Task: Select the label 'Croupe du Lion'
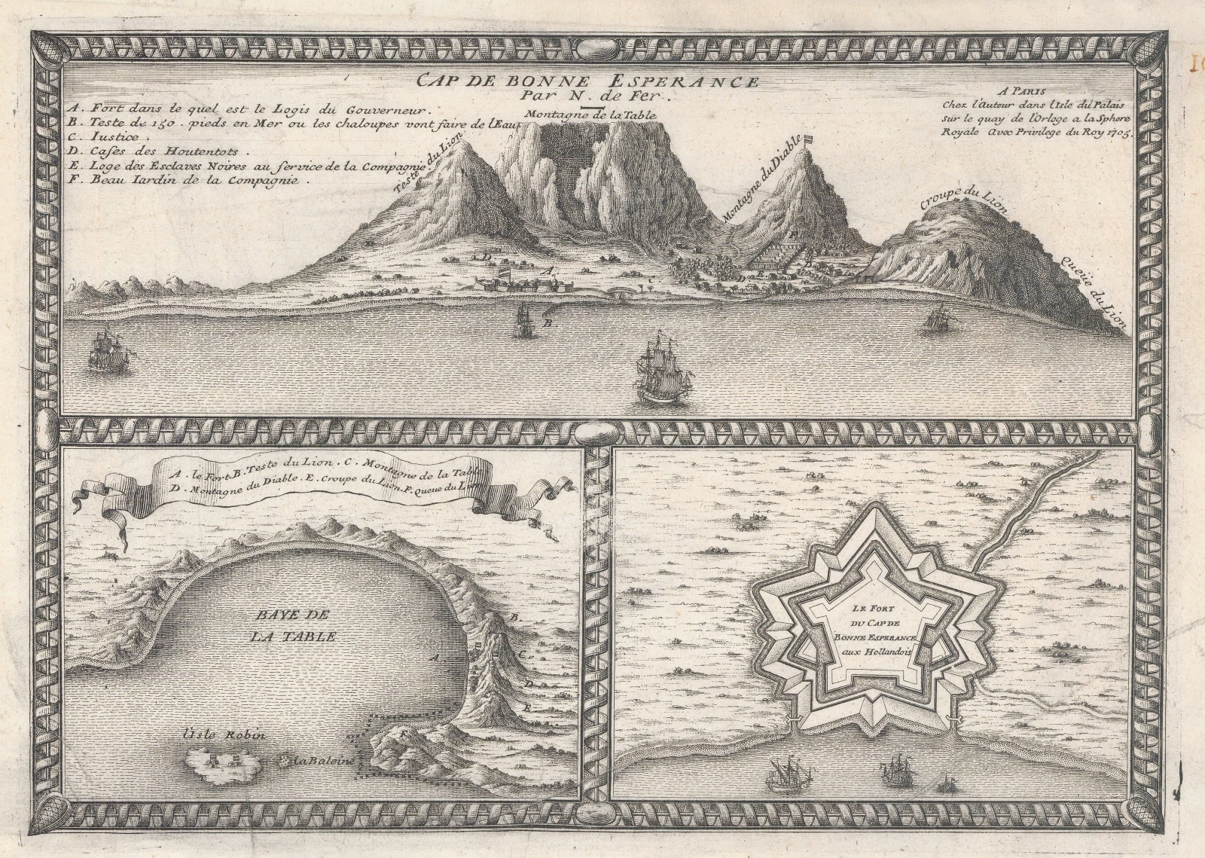(x=963, y=200)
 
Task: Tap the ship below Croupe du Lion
(x=937, y=319)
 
